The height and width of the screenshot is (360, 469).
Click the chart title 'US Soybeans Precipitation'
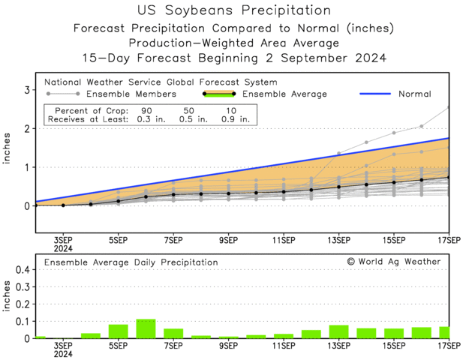point(234,10)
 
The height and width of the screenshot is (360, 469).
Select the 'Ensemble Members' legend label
point(131,94)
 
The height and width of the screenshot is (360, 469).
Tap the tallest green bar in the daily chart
point(146,328)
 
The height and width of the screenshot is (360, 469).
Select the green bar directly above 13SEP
point(338,331)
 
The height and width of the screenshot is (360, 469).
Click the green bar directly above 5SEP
point(118,331)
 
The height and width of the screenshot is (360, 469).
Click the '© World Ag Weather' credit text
point(393,262)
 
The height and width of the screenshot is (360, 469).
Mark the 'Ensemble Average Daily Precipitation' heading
point(131,262)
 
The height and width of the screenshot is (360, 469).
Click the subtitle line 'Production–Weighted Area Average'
point(234,43)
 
